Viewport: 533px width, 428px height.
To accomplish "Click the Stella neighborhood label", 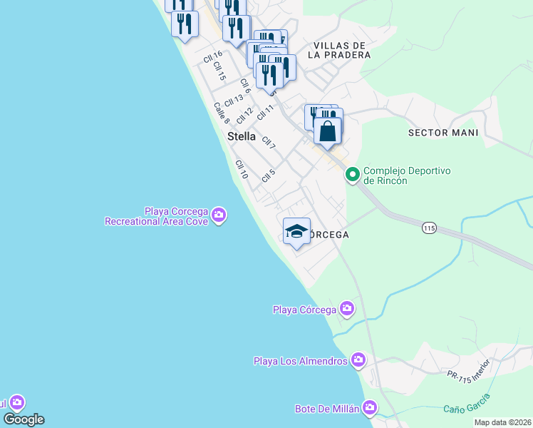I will point(241,136).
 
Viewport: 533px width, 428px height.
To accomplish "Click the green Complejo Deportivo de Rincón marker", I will point(352,174).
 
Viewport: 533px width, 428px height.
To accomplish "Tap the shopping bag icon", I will point(328,131).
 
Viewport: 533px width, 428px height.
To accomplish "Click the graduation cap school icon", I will point(297,232).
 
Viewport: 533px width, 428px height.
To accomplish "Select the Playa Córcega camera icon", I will point(347,309).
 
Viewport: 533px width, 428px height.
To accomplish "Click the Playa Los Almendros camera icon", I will point(358,360).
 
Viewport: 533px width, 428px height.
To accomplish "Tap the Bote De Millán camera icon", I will point(369,409).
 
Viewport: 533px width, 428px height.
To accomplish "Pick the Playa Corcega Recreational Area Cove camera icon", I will point(219,215).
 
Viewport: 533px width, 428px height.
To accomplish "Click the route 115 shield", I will point(428,228).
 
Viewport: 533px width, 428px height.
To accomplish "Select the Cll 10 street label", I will point(242,169).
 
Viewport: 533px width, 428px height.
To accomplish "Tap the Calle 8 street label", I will point(221,112).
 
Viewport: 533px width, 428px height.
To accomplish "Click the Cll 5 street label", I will point(268,174).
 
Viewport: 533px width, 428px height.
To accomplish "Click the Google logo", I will point(24,419).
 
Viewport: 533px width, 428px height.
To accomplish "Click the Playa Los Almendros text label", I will point(300,361).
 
